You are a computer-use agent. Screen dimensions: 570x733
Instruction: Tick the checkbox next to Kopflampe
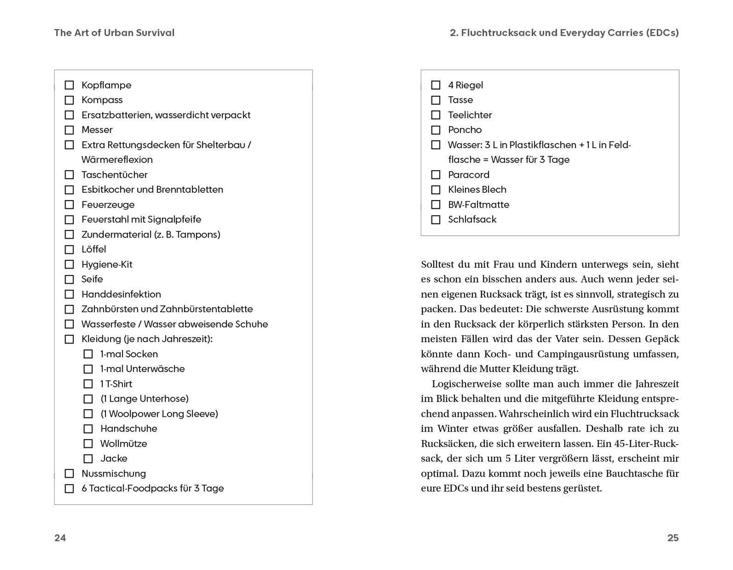[69, 85]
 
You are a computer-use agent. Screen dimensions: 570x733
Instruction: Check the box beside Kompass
[69, 100]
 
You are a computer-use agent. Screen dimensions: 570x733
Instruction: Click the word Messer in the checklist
[97, 130]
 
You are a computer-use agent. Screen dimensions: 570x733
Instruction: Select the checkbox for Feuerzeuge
[69, 205]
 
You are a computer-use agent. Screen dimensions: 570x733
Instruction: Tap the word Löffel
[94, 249]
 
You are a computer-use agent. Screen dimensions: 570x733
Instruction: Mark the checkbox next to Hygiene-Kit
[69, 264]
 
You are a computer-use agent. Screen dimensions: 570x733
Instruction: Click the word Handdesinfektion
[121, 294]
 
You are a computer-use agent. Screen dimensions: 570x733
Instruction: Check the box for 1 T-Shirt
[88, 384]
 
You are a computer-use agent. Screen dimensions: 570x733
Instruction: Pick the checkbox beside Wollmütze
[88, 444]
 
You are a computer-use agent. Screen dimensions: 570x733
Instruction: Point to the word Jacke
[114, 458]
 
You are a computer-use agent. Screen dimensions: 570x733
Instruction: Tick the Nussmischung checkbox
[69, 474]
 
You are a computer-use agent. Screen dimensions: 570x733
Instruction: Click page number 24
[60, 538]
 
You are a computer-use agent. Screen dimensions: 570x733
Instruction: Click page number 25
[673, 538]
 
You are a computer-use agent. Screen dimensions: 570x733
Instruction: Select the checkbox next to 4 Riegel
[436, 85]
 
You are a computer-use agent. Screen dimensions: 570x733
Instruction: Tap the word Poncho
[465, 130]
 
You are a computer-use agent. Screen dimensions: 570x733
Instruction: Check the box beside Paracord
[436, 175]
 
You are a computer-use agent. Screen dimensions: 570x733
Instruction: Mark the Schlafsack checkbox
[436, 220]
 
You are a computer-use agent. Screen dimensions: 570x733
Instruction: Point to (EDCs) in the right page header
[662, 33]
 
